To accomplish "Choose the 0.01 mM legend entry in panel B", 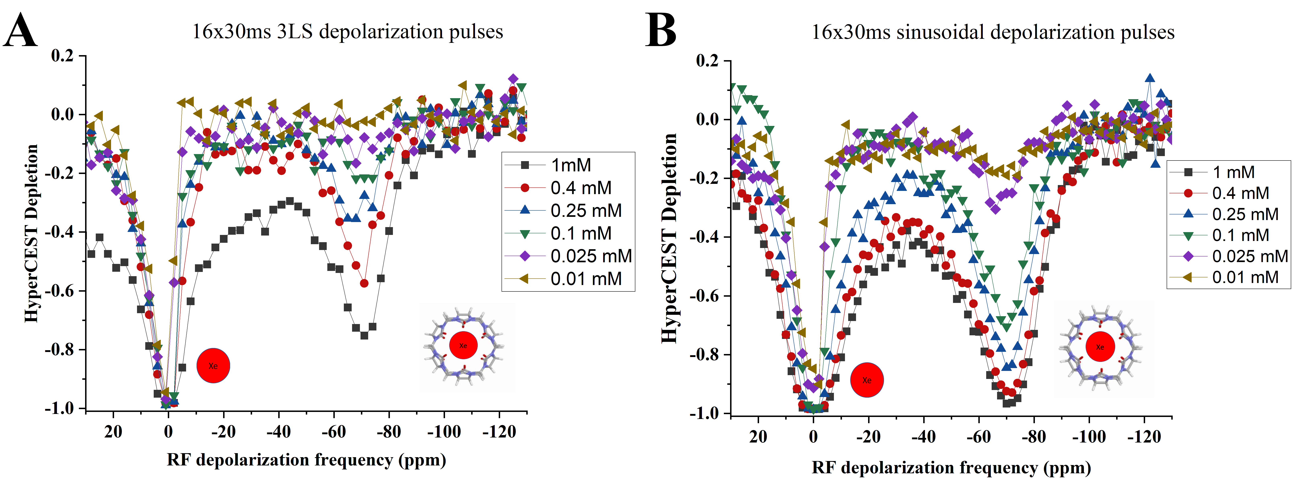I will tap(1245, 277).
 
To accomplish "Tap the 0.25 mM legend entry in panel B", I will tap(1245, 214).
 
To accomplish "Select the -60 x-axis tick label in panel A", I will tap(334, 432).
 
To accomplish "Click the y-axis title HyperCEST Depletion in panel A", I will tap(31, 234).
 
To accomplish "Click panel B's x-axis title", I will tap(951, 468).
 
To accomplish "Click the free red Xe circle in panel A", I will tap(213, 365).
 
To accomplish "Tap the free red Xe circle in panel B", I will tap(866, 380).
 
